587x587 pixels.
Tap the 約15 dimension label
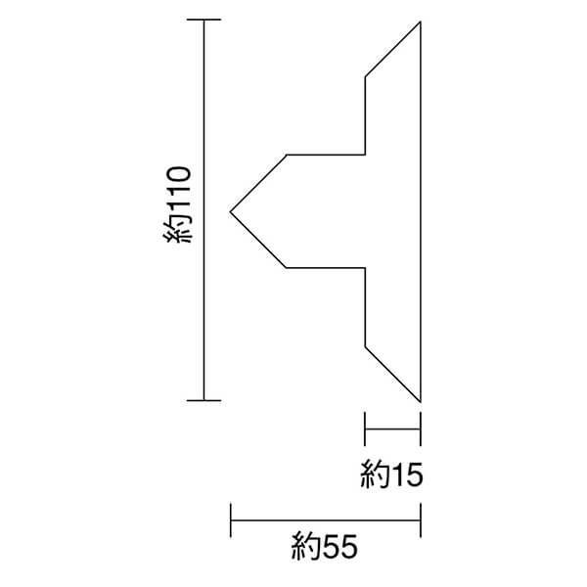pos(390,476)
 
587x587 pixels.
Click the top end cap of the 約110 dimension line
pos(203,21)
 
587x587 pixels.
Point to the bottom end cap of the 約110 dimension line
pos(203,400)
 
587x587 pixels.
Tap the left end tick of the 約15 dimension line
pos(365,427)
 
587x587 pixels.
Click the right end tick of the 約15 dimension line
pos(421,427)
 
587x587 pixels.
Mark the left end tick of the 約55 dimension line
pos(230,519)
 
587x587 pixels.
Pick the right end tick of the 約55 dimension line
pos(421,519)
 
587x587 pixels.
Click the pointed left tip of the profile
pos(230,210)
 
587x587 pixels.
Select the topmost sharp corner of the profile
pos(421,21)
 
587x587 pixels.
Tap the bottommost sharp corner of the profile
pos(421,401)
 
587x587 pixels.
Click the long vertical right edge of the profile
pos(421,210)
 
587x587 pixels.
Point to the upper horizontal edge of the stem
pos(325,155)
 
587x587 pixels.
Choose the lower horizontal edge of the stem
pos(325,266)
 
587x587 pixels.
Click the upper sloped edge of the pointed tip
pos(257,183)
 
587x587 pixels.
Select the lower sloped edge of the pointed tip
pos(257,239)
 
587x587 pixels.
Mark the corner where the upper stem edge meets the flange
pos(365,155)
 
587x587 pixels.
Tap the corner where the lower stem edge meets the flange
pos(365,266)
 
